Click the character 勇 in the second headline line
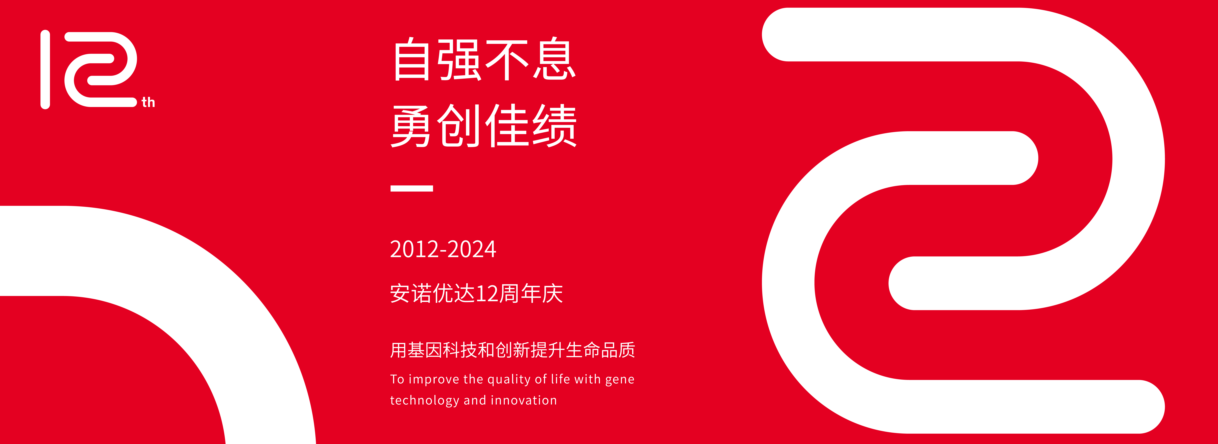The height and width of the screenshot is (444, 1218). click(x=411, y=126)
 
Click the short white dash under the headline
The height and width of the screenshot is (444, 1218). click(x=411, y=188)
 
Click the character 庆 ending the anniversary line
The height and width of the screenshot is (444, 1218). click(x=552, y=294)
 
